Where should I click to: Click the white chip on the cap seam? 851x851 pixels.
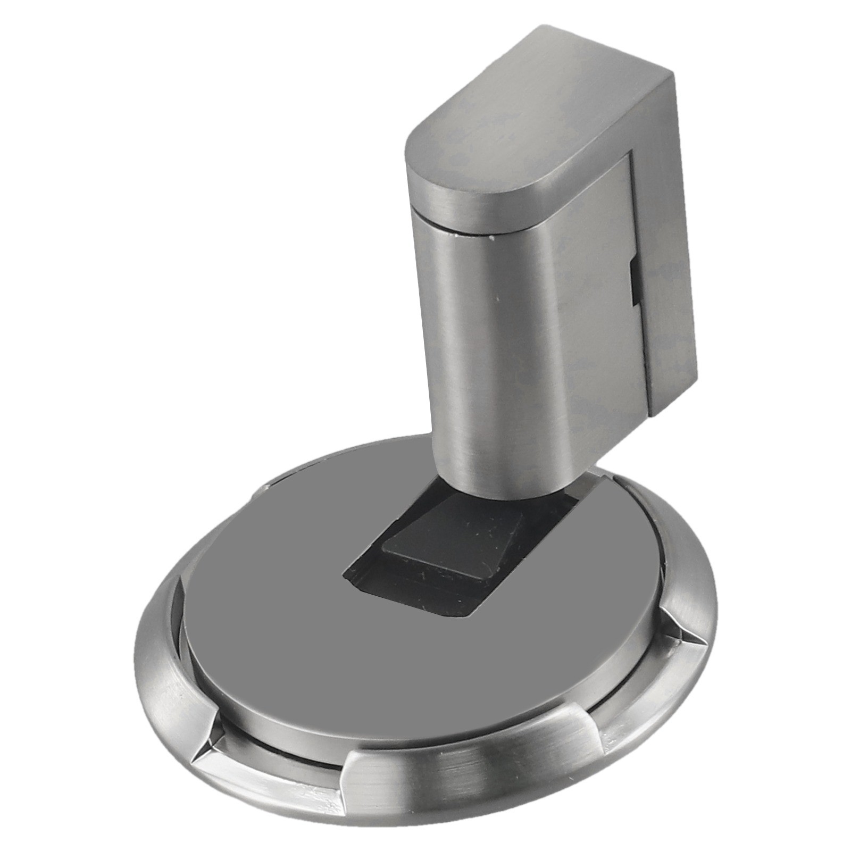point(490,238)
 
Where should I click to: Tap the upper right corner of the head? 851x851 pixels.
point(673,72)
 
